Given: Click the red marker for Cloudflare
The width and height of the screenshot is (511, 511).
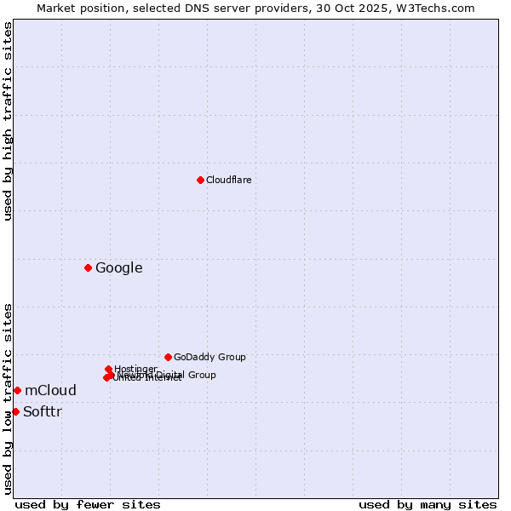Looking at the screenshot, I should tap(200, 180).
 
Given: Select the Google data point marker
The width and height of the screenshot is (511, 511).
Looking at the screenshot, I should tap(88, 268).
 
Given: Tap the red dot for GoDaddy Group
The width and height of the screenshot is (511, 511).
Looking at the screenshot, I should tap(168, 357).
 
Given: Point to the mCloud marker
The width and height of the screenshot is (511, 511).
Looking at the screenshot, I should tap(17, 390).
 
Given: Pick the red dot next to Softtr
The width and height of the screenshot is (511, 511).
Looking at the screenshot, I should tap(15, 411).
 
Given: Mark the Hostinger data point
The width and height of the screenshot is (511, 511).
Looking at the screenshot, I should tap(108, 369).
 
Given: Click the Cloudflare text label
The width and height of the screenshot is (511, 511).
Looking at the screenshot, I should tap(229, 180).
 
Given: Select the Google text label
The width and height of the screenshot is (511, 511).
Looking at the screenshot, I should tap(118, 268).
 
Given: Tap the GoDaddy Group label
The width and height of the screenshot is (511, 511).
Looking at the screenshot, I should tap(210, 357).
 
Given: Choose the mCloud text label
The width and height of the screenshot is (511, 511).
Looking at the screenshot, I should tap(50, 391).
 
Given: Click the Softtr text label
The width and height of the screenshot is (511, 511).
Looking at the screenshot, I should tap(43, 412).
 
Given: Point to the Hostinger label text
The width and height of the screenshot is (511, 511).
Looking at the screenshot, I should tap(135, 369).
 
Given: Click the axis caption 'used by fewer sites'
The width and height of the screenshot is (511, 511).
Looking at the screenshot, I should tap(88, 504).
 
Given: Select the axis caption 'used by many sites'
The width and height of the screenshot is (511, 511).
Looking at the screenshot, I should tap(428, 504).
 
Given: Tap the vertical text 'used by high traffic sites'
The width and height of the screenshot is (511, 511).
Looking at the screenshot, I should tap(8, 121).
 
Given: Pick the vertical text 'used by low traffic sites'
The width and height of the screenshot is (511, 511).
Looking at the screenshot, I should tap(8, 398).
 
